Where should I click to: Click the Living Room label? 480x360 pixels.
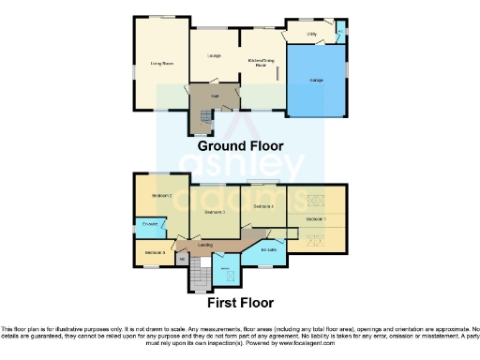[162, 64]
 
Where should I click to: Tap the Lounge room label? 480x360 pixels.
[214, 56]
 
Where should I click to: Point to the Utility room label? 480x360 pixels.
[311, 35]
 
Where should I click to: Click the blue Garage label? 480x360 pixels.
[317, 81]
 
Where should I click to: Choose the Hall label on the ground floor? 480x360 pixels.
[214, 96]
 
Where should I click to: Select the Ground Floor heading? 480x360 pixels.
[240, 146]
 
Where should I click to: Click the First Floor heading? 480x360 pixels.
[241, 303]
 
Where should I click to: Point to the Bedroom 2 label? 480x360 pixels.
[161, 195]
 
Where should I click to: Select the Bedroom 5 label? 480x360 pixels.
[155, 252]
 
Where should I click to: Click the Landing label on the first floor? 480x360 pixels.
[204, 245]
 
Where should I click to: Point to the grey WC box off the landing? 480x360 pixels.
[182, 259]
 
